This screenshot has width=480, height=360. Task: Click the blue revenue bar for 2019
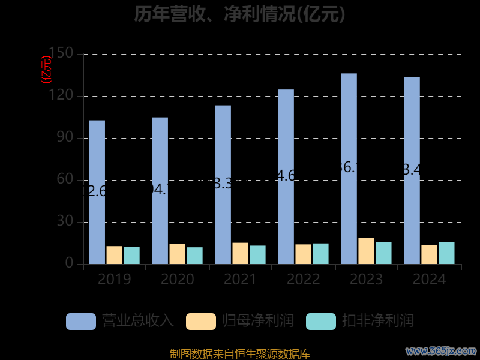(97, 192)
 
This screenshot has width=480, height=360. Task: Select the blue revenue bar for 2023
(349, 169)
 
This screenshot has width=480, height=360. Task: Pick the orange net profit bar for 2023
(366, 251)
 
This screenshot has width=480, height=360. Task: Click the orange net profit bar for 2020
(177, 254)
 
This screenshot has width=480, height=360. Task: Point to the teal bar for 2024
(446, 253)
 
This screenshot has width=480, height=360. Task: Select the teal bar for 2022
(320, 254)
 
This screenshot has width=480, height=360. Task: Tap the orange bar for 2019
(114, 255)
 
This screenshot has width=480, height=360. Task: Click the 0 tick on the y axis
(70, 264)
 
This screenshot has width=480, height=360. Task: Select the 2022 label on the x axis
(303, 280)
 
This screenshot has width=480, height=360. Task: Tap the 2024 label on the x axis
(429, 280)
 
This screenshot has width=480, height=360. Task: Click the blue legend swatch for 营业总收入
(80, 321)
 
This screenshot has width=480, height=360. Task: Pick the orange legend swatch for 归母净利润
(200, 321)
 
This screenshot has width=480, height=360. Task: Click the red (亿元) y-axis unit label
(46, 69)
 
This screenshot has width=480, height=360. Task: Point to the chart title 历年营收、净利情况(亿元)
(239, 13)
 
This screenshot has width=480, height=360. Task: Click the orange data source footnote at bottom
(239, 353)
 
